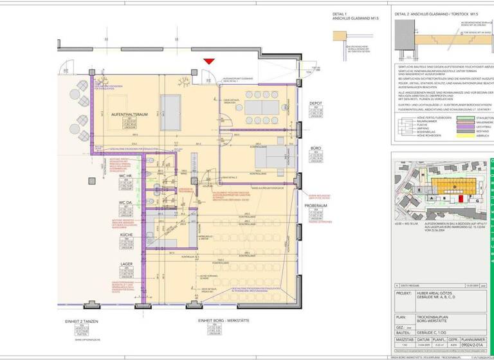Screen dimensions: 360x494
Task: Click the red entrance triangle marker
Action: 208,61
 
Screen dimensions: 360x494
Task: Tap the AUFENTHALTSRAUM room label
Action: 130,114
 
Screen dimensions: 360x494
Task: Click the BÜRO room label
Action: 315,147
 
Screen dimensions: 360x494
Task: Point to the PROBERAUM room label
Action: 316,206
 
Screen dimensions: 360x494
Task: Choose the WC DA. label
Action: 125,203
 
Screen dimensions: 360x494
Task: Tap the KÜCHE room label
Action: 126,236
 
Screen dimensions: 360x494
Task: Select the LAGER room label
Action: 126,264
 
